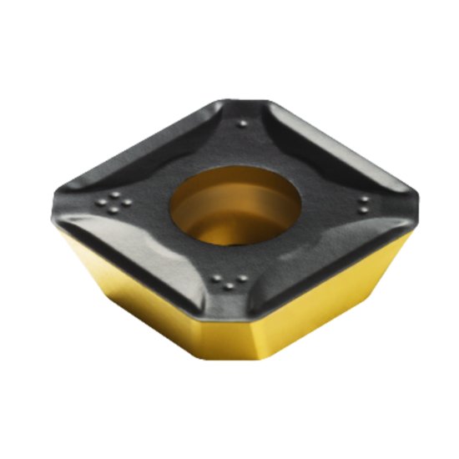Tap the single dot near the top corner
click(242, 123)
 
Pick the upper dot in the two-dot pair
click(366, 198)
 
